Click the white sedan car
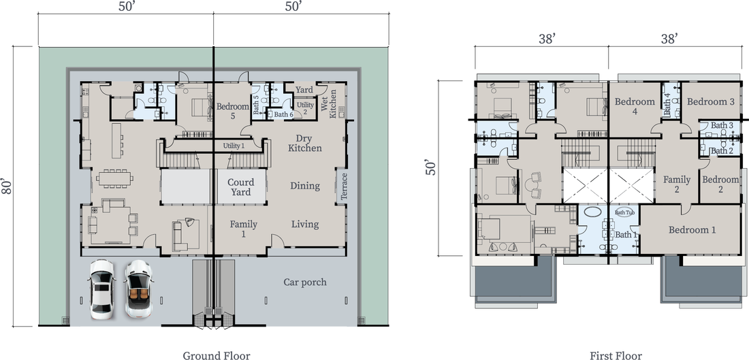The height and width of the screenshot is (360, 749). tap(101, 289)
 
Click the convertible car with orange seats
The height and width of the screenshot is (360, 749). tap(138, 289)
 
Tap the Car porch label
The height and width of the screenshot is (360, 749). tap(305, 282)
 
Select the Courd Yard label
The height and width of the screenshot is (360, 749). tap(241, 187)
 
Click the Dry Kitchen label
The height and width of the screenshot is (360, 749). tap(305, 143)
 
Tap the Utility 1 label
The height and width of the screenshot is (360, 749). tap(234, 146)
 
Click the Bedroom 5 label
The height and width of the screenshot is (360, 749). tap(233, 111)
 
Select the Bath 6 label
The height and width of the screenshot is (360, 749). tap(284, 114)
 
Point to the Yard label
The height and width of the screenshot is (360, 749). tap(304, 90)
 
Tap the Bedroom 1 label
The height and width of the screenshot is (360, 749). tap(692, 230)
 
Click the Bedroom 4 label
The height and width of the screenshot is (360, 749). tap(635, 106)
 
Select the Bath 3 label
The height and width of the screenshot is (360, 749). tap(722, 125)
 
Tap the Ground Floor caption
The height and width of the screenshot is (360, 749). tap(217, 355)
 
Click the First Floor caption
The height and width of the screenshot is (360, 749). tap(616, 355)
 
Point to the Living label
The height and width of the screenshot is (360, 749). tap(305, 225)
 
